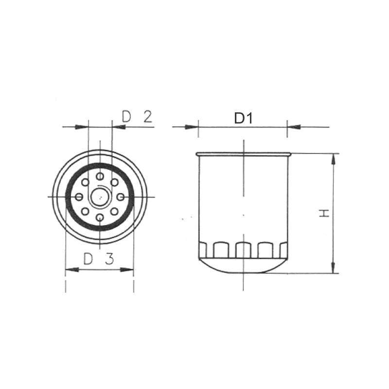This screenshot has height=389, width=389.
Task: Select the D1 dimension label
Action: point(243,118)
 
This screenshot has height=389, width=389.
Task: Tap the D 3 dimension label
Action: point(98,259)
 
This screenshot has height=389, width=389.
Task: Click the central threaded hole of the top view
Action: point(100,196)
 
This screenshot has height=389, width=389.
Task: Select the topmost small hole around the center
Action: point(100,176)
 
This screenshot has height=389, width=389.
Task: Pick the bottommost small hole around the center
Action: point(100,217)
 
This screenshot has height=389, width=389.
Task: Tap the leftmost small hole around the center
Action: point(79,196)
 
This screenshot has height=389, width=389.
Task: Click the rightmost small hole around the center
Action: point(121,196)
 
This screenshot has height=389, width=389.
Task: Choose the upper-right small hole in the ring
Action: point(114,182)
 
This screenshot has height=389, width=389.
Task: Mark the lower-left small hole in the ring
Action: point(85,211)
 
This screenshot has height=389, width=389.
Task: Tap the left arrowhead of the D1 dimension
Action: point(193,127)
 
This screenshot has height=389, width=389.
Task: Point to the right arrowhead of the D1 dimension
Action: point(293,127)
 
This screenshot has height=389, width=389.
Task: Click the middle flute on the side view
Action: point(243,250)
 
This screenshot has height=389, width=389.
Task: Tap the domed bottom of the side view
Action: point(243,266)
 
